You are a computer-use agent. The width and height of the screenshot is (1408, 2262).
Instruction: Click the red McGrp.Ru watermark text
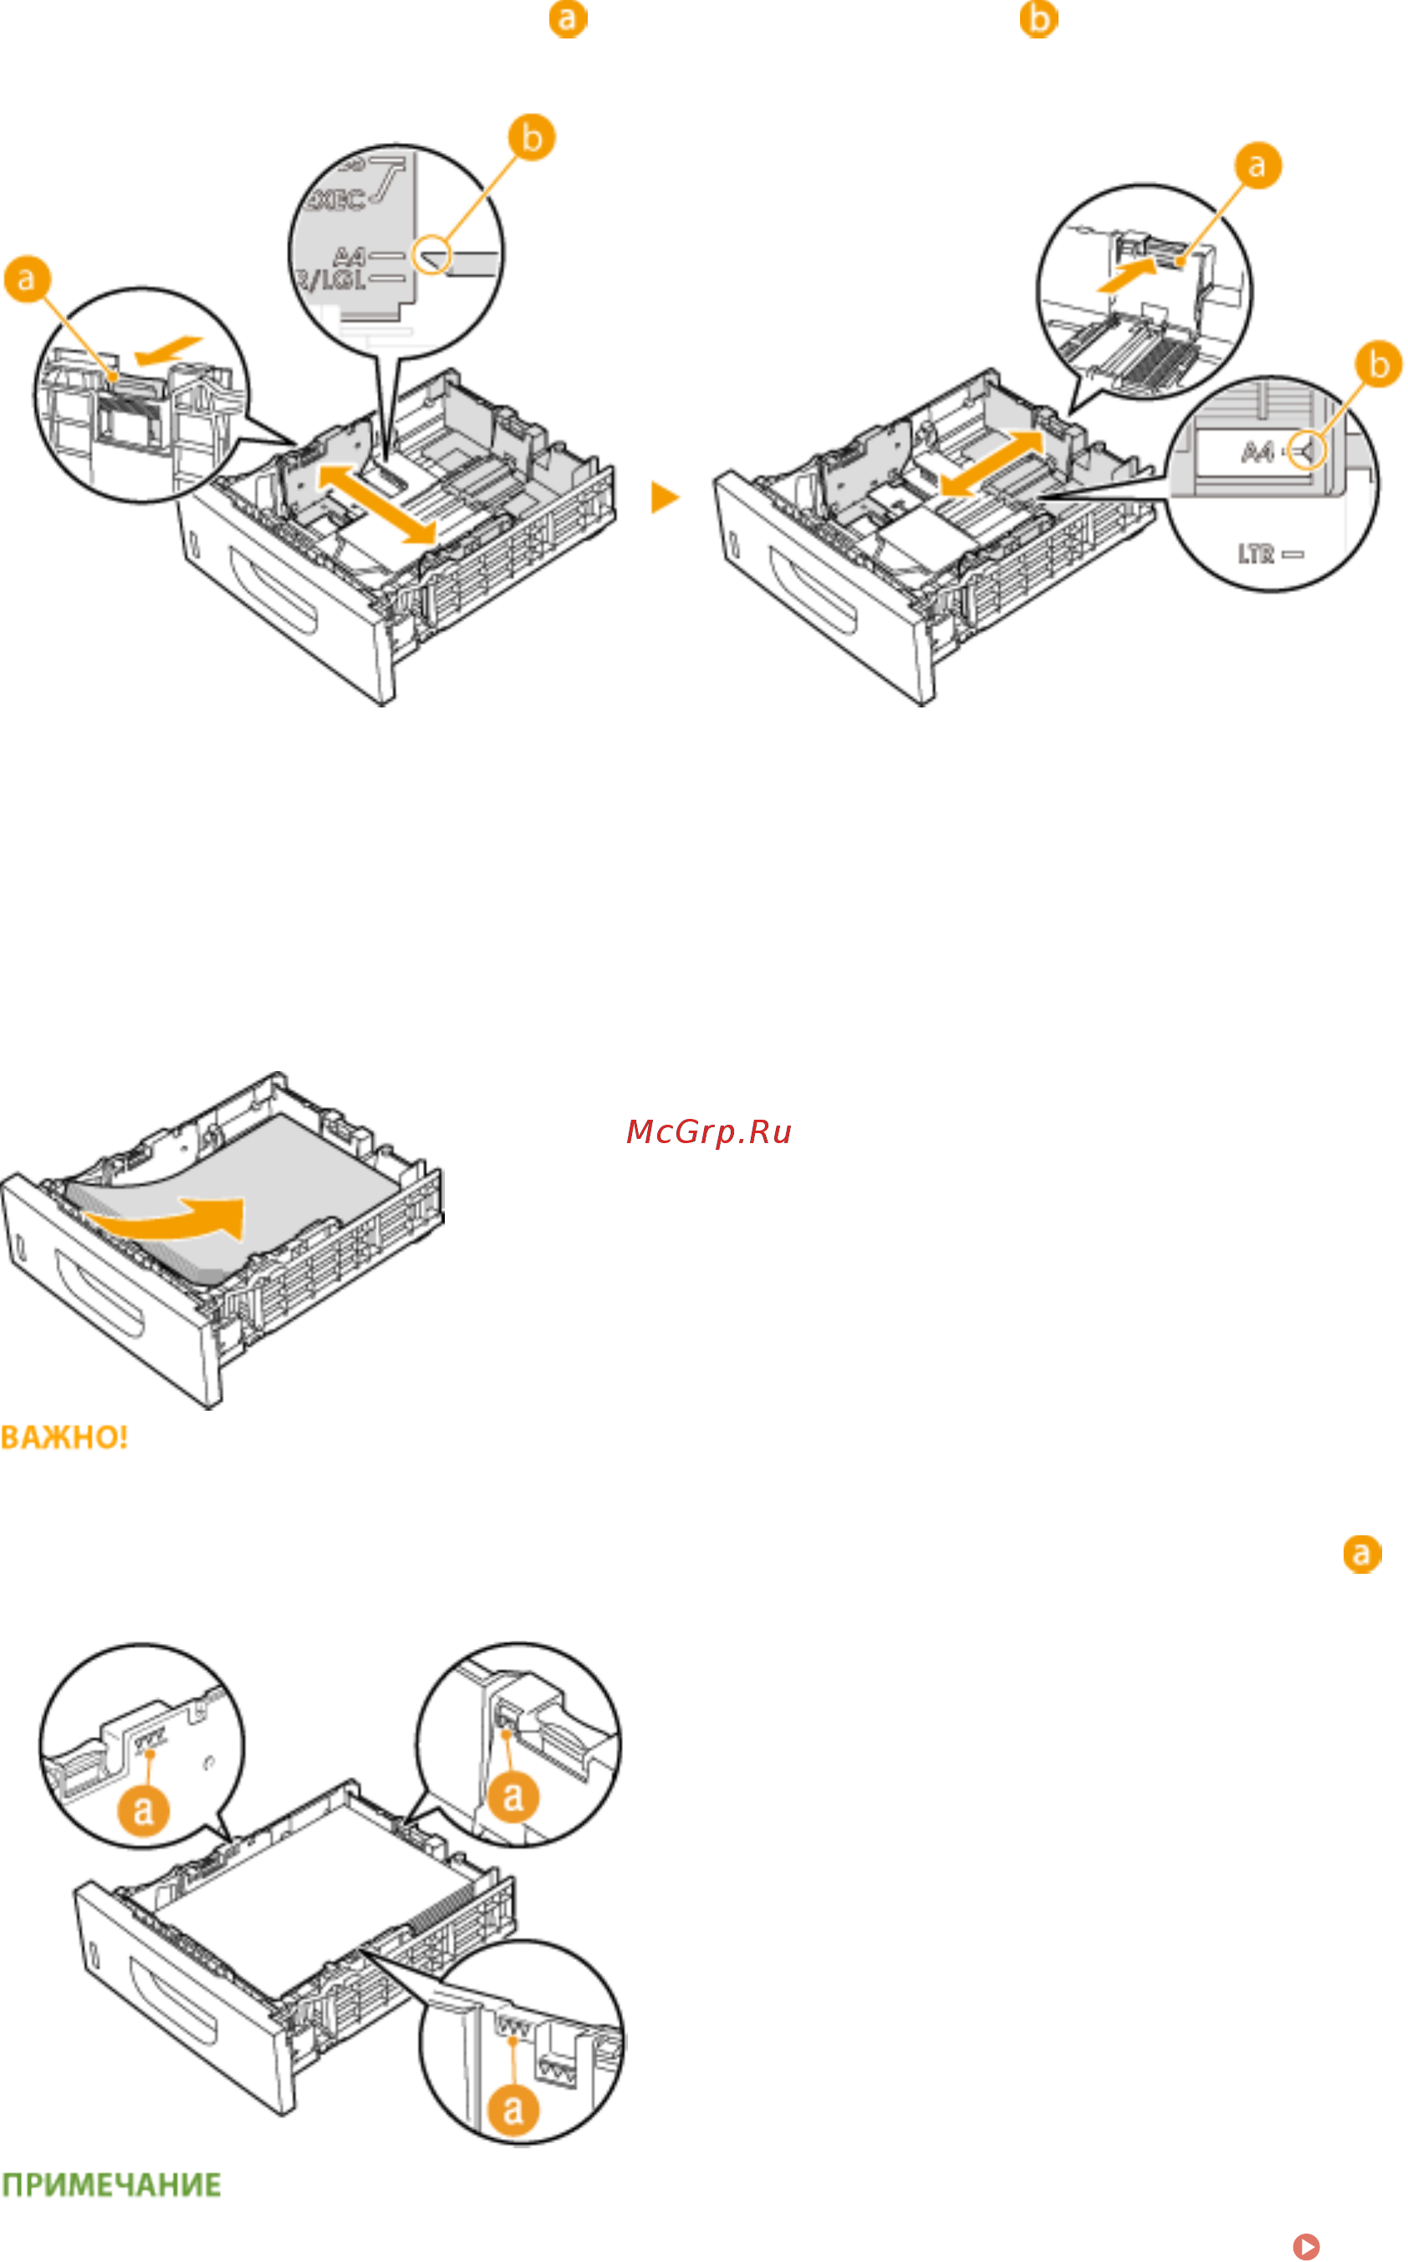click(709, 1131)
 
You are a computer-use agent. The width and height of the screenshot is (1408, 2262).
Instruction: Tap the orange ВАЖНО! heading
click(64, 1437)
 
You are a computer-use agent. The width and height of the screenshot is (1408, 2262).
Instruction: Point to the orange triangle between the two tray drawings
click(664, 498)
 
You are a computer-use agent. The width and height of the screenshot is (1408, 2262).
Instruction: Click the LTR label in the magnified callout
click(1255, 554)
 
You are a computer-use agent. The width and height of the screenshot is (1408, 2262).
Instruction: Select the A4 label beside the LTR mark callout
click(1258, 453)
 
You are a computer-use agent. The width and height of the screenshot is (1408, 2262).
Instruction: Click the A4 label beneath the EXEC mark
click(349, 255)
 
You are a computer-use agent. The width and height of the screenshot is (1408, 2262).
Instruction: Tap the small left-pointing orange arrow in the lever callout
click(167, 350)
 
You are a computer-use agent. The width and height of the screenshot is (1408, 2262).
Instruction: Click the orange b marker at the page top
click(1038, 18)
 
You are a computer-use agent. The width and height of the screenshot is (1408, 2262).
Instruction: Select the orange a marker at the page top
click(567, 18)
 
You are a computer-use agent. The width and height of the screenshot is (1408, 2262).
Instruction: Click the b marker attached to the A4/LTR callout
click(1378, 364)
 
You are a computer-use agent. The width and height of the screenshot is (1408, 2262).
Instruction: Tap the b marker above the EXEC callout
click(531, 138)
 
